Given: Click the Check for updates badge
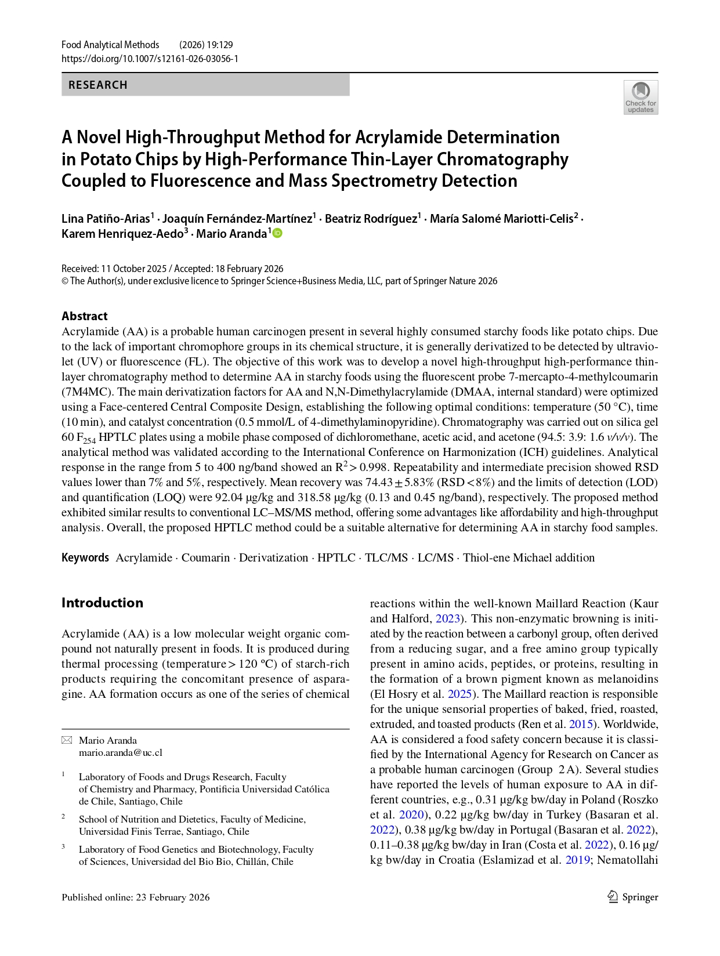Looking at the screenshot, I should coord(641,97).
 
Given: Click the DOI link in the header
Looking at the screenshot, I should coord(150,59).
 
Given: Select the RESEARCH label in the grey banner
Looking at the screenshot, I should coord(97,85).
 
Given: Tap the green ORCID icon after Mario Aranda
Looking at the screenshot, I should coord(277,233).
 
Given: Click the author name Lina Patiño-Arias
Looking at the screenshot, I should coord(106,219).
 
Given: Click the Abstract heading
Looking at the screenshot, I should coord(85,316).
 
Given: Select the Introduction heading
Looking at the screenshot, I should coord(102,603).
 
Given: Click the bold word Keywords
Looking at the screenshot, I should coord(85,557).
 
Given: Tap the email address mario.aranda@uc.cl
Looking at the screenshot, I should coord(121,752).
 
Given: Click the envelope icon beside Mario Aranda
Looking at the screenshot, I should coord(67,740).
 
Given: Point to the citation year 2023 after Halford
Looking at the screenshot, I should coord(447,618).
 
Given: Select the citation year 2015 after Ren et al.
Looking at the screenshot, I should coord(581,724).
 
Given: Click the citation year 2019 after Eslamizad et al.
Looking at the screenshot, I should coord(578,860).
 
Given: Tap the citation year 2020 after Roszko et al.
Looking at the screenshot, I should coord(411,814).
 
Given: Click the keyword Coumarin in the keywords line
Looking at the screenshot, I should coord(205,557).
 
